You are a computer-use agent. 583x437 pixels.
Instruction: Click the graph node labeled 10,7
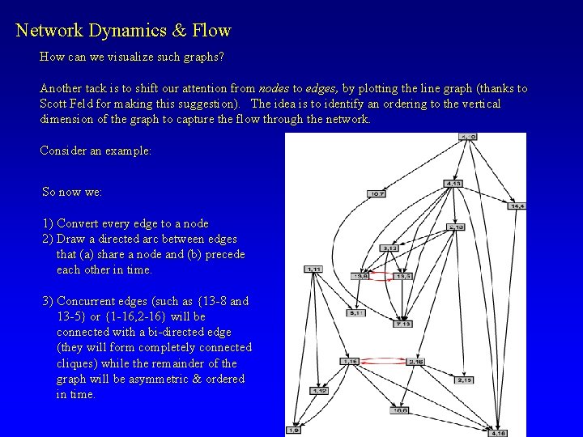pos(377,193)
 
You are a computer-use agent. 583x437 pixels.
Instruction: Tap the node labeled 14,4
pos(517,206)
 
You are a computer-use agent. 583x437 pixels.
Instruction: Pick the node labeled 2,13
pos(456,227)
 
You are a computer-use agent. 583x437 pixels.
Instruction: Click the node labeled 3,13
pos(390,248)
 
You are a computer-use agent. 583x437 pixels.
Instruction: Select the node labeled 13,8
pos(360,276)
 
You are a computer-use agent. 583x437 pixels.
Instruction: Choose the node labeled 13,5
pos(403,276)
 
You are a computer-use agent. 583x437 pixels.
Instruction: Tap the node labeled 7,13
pos(403,324)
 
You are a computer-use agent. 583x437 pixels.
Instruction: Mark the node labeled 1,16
pos(350,361)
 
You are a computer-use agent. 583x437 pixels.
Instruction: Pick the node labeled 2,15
pos(466,380)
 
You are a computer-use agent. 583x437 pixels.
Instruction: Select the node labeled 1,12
pos(320,391)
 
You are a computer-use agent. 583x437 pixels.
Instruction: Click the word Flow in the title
pos(212,32)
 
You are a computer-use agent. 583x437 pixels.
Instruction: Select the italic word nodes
pos(273,88)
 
